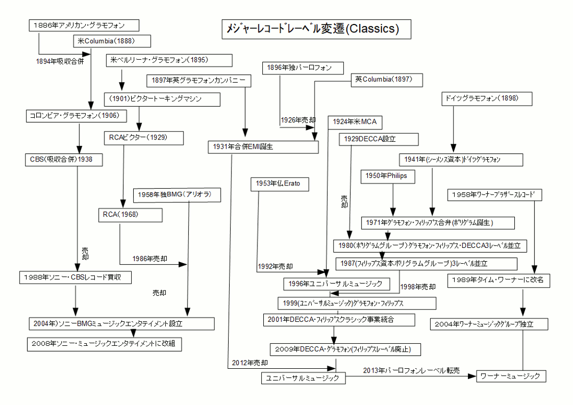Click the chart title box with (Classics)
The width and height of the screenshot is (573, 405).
[x=317, y=29]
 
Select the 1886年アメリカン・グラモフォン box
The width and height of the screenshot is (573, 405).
[x=84, y=25]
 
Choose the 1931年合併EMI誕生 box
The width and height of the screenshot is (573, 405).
[x=263, y=147]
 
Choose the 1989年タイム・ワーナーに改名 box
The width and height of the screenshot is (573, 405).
[x=498, y=280]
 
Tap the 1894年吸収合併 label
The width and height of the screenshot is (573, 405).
[x=60, y=61]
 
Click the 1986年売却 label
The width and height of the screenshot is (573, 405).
[x=150, y=259]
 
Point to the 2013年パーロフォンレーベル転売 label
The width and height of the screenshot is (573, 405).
[x=411, y=370]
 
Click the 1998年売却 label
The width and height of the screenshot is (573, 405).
[x=418, y=287]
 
